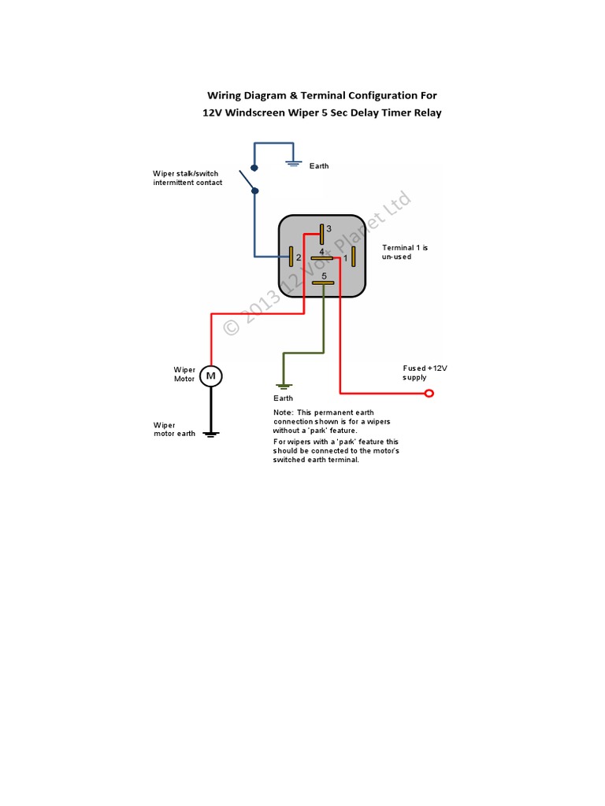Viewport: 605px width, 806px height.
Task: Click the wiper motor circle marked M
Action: pos(210,376)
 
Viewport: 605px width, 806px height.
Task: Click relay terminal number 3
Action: pos(321,232)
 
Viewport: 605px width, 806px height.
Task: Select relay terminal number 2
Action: pos(291,257)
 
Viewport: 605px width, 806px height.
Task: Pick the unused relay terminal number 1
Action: pos(354,257)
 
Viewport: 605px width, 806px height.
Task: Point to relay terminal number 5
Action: pos(323,283)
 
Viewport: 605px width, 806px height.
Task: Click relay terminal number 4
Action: pos(322,257)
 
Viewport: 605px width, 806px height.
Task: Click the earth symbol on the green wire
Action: pos(284,386)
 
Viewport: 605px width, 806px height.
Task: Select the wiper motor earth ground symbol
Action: pos(210,433)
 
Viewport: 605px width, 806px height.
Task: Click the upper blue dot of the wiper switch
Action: pos(254,168)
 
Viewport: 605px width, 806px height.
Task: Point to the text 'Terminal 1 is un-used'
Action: pos(405,252)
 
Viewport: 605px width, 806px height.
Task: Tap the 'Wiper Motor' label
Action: pos(184,374)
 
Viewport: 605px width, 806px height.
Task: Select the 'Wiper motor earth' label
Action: pos(174,429)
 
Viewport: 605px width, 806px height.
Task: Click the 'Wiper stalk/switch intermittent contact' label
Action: pos(187,178)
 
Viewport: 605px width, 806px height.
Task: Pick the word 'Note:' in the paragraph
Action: pos(282,412)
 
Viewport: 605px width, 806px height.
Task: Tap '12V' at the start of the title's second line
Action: pos(213,113)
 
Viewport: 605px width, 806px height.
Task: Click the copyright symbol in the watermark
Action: pos(232,327)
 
